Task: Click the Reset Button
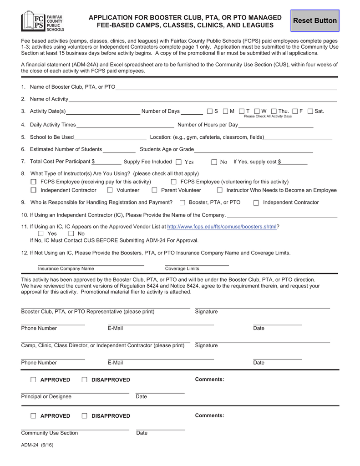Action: pos(315,21)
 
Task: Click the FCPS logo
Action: pos(43,21)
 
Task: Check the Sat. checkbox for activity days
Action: pos(310,111)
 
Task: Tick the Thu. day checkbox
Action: pos(274,111)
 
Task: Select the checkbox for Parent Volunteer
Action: pos(154,190)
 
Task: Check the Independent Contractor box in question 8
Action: pos(33,190)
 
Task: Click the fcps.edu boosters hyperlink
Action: pos(222,226)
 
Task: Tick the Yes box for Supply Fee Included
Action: pos(178,162)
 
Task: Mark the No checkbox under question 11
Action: pos(71,233)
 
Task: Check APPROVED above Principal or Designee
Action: pos(33,380)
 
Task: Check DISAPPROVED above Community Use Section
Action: pos(84,416)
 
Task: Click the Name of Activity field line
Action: pos(203,99)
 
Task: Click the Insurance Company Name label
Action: pos(66,268)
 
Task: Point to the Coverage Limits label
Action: pos(182,268)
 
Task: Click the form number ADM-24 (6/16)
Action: pos(37,445)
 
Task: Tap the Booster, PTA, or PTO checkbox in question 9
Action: pos(183,203)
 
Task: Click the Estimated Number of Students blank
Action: pos(119,150)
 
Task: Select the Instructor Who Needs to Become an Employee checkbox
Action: pos(220,190)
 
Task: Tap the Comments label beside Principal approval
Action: pos(209,380)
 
